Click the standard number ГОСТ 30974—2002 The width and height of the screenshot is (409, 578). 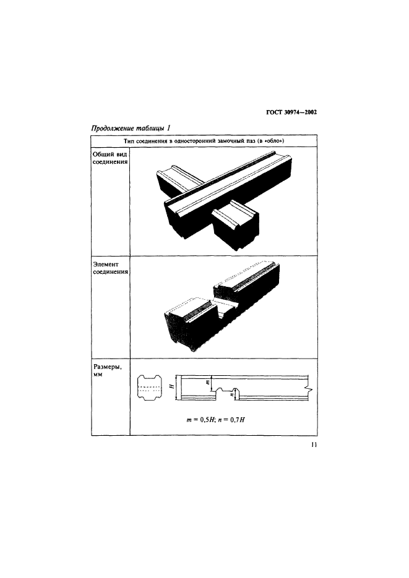(291, 113)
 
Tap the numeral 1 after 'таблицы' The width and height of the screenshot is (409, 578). (168, 128)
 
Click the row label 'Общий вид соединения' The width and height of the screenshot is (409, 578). (110, 158)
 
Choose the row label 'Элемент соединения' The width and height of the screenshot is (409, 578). (110, 268)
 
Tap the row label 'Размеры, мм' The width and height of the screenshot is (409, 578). (108, 370)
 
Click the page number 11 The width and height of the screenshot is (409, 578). (314, 445)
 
